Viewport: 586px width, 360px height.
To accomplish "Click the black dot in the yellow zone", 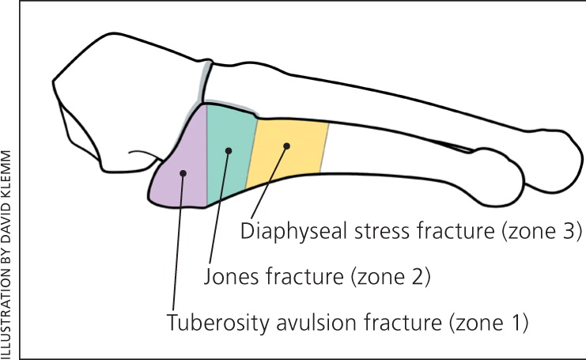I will pyautogui.click(x=287, y=145).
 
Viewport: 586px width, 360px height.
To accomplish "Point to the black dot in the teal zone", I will pyautogui.click(x=229, y=150).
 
